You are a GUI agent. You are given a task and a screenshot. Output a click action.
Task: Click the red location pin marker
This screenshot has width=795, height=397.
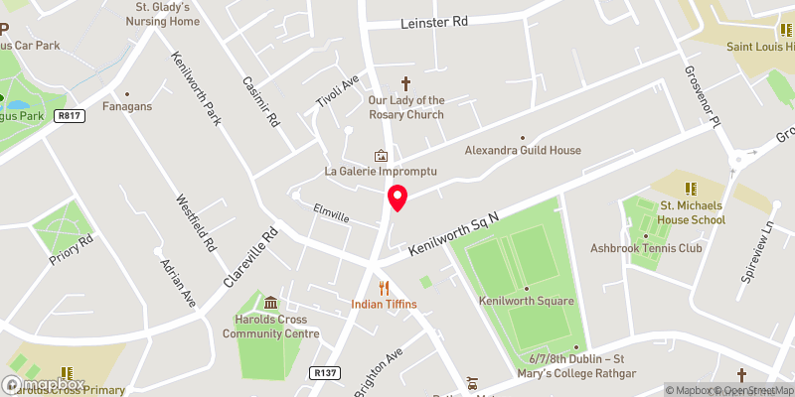397,198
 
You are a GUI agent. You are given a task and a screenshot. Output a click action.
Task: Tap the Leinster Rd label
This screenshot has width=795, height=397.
433,23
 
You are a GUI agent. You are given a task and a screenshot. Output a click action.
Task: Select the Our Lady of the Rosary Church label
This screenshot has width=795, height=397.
405,107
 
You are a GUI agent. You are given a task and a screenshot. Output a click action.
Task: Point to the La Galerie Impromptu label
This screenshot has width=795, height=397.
381,172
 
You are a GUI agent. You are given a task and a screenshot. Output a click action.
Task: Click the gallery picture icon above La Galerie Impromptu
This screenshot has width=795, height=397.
381,156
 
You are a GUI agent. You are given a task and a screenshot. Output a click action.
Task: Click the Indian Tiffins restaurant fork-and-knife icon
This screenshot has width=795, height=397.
383,288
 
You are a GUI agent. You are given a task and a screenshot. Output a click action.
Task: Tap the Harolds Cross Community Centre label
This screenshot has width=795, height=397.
271,327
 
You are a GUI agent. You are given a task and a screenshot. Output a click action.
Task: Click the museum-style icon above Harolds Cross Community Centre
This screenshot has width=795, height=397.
271,303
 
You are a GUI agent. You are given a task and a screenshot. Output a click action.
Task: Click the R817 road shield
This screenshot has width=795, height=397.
69,116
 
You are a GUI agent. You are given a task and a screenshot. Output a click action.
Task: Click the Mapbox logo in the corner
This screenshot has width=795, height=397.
44,384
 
